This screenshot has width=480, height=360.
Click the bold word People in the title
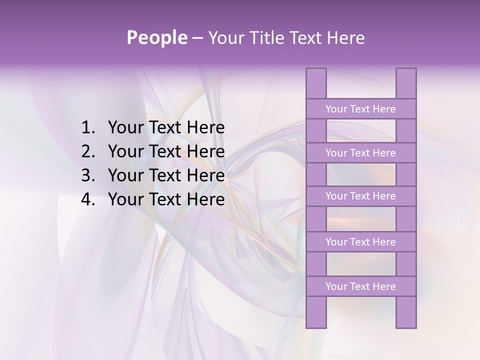(156, 37)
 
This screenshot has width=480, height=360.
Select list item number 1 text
(166, 128)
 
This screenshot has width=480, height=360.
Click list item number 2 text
(166, 151)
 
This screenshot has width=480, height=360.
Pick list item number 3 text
(166, 175)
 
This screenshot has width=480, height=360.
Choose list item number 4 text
(166, 199)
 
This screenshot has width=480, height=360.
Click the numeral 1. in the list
(88, 128)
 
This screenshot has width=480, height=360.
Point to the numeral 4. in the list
(88, 199)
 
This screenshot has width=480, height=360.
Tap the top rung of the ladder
(360, 109)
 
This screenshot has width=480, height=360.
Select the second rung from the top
(360, 153)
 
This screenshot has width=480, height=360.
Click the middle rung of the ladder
(360, 196)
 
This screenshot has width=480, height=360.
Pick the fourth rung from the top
(360, 242)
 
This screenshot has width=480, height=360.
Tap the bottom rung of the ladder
(360, 286)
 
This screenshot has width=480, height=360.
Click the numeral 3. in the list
(88, 175)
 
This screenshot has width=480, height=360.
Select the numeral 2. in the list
(88, 151)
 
